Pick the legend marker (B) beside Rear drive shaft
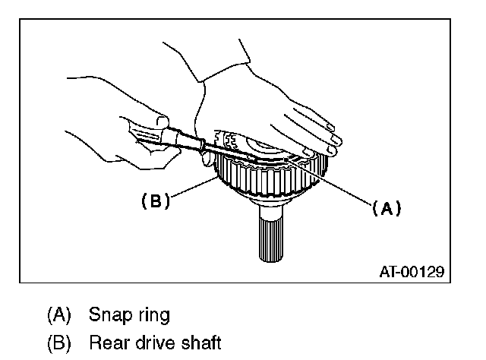click(60, 343)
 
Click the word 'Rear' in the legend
click(106, 343)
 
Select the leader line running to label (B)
click(190, 190)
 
